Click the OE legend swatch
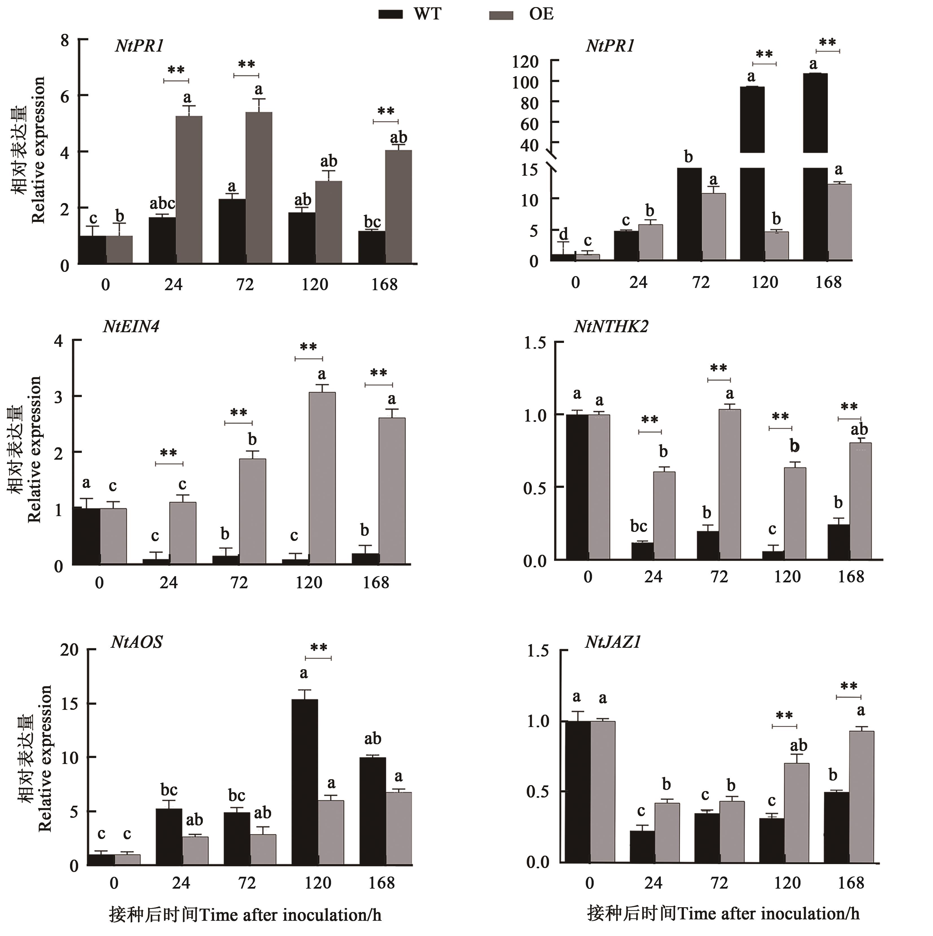click(x=501, y=15)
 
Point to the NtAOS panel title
click(x=137, y=642)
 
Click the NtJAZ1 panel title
click(x=613, y=642)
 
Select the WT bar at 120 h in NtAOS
click(x=304, y=782)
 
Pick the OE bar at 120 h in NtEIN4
click(x=322, y=478)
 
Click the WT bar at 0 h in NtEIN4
click(x=86, y=536)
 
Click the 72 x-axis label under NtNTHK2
click(x=719, y=577)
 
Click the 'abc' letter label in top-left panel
click(x=162, y=204)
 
